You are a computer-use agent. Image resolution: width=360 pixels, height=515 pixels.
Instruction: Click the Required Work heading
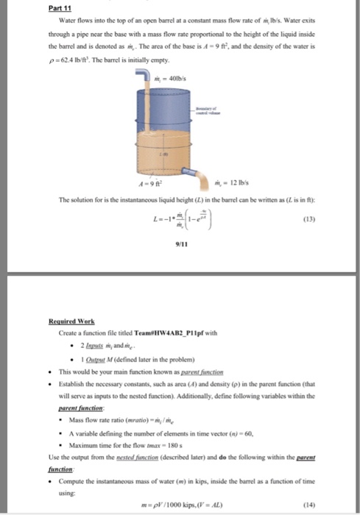tap(77, 322)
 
